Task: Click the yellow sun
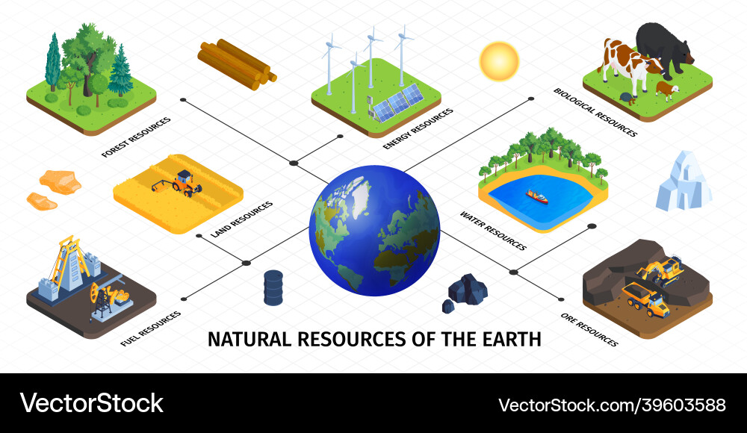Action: click(x=499, y=61)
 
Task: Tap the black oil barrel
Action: click(x=273, y=287)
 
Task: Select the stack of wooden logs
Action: click(x=237, y=64)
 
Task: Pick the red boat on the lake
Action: click(x=537, y=196)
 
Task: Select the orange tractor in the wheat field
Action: click(x=179, y=184)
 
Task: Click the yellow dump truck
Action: click(x=646, y=299)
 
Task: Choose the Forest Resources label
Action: click(x=136, y=137)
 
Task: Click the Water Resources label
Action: click(x=493, y=231)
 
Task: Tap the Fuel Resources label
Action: click(x=151, y=328)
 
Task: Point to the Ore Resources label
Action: click(x=589, y=330)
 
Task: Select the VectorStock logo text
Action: click(x=91, y=403)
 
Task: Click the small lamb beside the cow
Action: click(x=667, y=90)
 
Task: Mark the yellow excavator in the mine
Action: click(x=661, y=270)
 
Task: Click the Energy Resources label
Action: click(x=418, y=128)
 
